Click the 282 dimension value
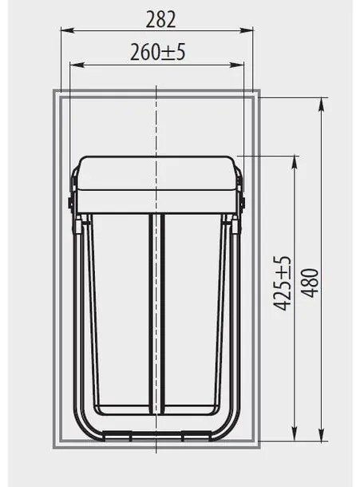tap(157, 19)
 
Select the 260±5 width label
tap(157, 53)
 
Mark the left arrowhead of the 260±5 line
tap(74, 65)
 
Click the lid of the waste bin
tap(156, 184)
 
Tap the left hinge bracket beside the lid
tap(73, 203)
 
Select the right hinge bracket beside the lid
tap(242, 203)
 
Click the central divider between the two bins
tap(156, 311)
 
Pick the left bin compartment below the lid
tap(120, 311)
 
